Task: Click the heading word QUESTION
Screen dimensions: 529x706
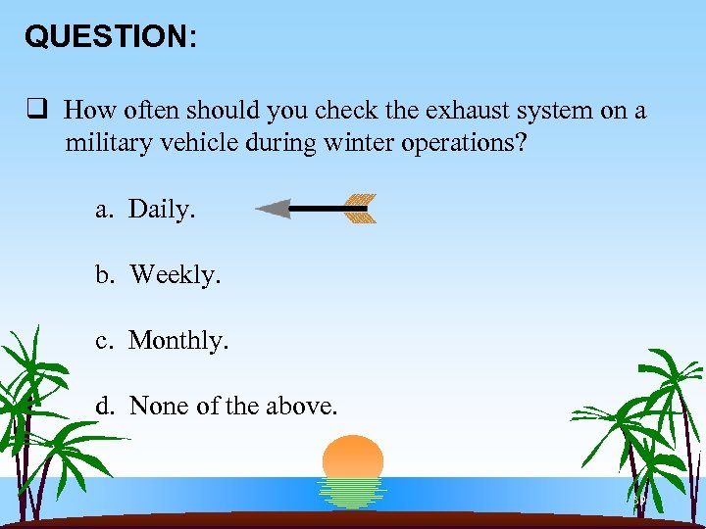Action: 108,36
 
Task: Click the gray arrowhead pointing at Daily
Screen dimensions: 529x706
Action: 274,208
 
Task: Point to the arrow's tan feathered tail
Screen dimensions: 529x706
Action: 359,208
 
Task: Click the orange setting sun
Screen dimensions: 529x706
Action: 353,457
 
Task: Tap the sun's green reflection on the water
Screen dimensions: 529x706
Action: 353,493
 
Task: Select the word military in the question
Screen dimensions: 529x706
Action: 108,144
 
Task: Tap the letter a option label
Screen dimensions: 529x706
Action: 103,209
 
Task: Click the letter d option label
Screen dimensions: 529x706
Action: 103,406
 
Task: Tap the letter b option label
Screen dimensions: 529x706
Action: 103,275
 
